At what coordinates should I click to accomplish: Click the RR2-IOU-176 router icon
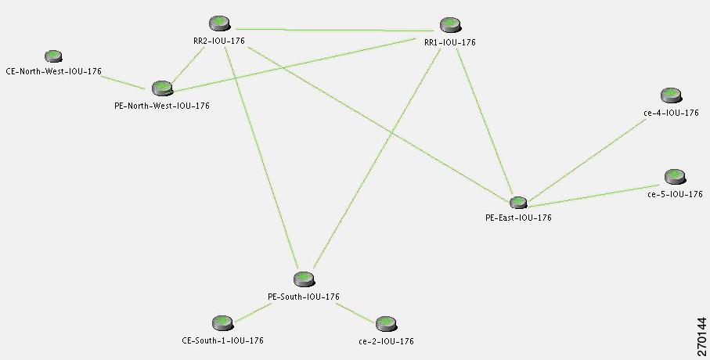(220, 23)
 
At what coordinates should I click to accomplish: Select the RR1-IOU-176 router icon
(451, 24)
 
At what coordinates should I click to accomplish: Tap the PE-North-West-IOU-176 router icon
(163, 88)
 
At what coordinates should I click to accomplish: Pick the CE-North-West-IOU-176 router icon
(53, 56)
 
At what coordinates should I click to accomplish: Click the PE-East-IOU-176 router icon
(518, 203)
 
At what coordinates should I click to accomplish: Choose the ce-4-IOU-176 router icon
(671, 95)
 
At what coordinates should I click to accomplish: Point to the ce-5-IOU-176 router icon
(675, 177)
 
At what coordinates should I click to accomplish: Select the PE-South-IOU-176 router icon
(304, 279)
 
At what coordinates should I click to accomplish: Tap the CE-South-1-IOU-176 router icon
(222, 323)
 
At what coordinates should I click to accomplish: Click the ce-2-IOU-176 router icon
(386, 324)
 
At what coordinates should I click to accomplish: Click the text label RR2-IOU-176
(219, 41)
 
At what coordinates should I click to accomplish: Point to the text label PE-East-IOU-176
(518, 218)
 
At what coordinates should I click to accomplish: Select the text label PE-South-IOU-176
(304, 297)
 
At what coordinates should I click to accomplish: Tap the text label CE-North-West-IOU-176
(54, 71)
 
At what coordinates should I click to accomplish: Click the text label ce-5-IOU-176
(675, 194)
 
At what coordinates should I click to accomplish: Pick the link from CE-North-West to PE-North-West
(123, 82)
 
